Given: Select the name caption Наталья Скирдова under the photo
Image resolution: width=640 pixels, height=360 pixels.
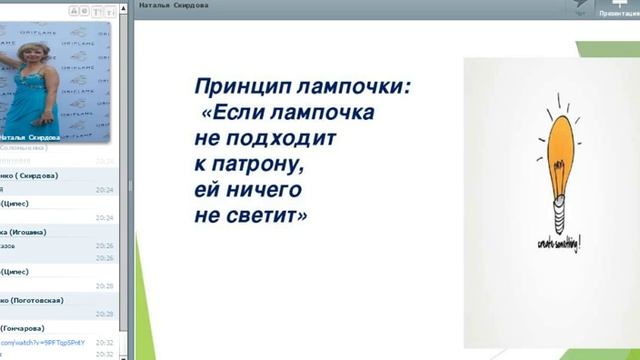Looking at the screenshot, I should tap(31, 137).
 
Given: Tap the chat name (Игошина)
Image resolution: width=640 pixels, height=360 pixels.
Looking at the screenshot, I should tap(30, 231).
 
